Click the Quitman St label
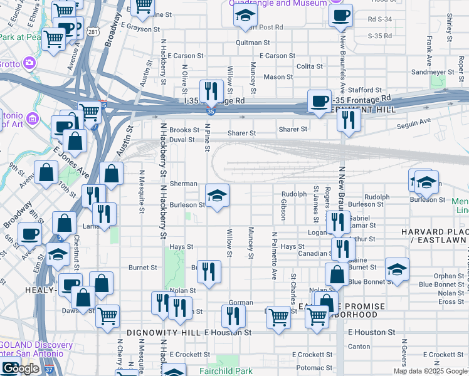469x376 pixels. tap(252, 43)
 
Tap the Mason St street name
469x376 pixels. tap(274, 77)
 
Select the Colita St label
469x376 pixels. tap(309, 66)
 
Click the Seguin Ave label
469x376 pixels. tap(413, 121)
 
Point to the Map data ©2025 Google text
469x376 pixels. tap(431, 371)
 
